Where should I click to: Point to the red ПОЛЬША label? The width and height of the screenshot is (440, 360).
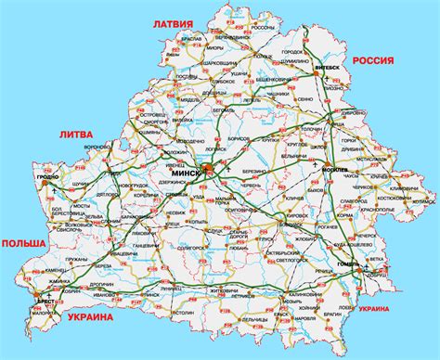[x=22, y=242]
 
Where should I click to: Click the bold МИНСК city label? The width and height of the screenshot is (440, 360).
[x=187, y=174]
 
